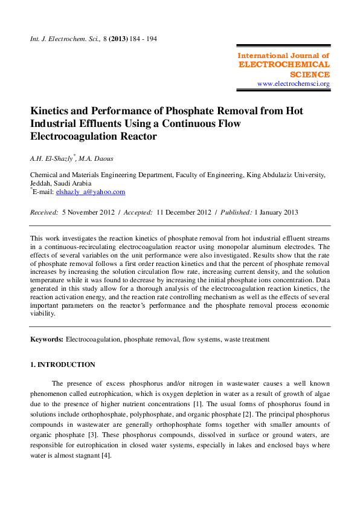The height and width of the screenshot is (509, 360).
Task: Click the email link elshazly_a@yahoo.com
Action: pyautogui.click(x=91, y=192)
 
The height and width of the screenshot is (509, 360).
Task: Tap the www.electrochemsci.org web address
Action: pyautogui.click(x=294, y=83)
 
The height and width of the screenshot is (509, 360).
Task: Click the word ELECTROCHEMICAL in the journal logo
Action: pyautogui.click(x=284, y=64)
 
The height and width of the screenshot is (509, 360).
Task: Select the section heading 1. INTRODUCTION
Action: pyautogui.click(x=63, y=365)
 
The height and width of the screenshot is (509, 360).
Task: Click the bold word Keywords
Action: pyautogui.click(x=47, y=340)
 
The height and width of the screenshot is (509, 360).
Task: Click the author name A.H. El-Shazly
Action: pyautogui.click(x=53, y=158)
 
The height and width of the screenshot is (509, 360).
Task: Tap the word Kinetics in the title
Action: pyautogui.click(x=53, y=111)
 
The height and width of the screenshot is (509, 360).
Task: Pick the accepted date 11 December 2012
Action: pyautogui.click(x=184, y=212)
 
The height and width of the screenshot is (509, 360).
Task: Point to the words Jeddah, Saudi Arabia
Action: pyautogui.click(x=61, y=183)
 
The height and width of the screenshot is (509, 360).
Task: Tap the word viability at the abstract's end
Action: pyautogui.click(x=45, y=314)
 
